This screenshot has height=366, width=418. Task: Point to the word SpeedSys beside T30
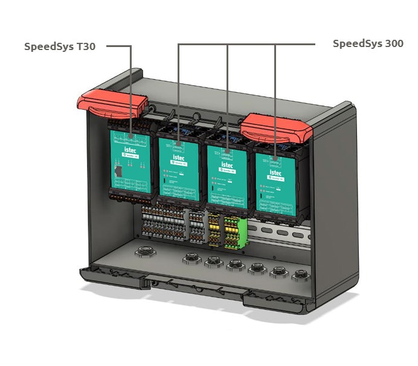49,46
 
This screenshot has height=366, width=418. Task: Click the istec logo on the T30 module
132,147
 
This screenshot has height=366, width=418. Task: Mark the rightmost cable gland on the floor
300,275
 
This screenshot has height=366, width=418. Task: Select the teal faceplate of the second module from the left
179,172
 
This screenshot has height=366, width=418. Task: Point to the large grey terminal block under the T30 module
164,222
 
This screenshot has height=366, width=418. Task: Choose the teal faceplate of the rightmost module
275,184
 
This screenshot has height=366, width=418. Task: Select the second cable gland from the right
279,271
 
